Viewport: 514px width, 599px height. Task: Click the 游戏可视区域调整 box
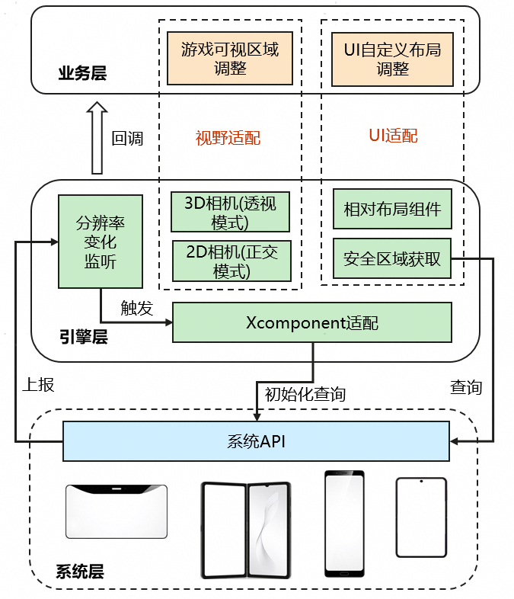(x=230, y=59)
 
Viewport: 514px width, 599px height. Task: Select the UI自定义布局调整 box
(x=392, y=59)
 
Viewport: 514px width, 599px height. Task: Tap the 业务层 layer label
(x=82, y=74)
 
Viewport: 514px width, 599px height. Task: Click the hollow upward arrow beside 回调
(x=97, y=139)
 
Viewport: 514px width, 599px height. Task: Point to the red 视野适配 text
(x=228, y=138)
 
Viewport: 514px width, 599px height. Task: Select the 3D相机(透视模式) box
(x=230, y=212)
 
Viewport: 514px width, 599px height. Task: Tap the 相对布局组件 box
(x=392, y=209)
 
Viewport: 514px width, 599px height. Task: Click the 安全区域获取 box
(x=392, y=258)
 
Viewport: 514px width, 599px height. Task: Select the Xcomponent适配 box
(x=312, y=322)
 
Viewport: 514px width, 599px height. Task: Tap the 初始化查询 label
(x=305, y=394)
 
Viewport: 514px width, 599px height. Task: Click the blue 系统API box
(x=256, y=441)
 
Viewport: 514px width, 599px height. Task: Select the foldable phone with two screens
(x=245, y=529)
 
